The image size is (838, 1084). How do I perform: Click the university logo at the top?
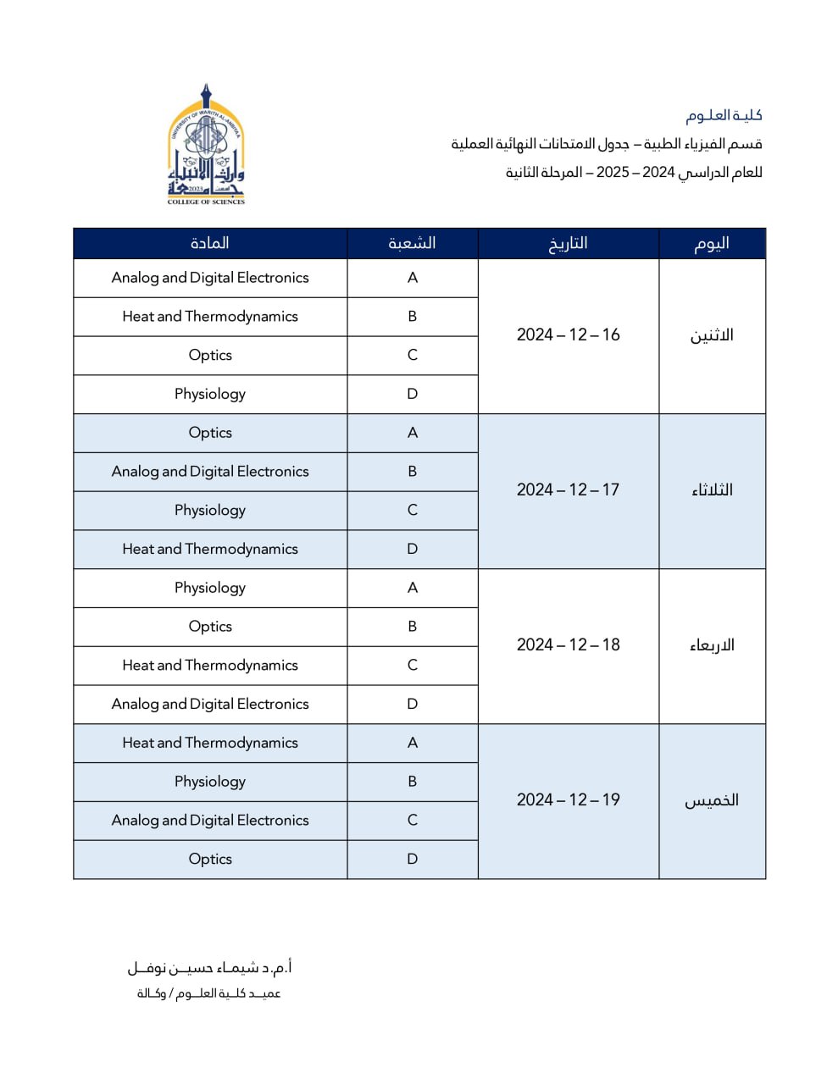206,144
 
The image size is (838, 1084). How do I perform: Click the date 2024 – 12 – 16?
568,335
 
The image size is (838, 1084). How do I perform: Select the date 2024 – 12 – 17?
568,489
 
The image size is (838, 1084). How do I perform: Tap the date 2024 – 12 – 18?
568,644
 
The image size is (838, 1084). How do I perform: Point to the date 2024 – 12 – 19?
568,799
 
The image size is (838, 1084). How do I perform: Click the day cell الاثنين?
712,335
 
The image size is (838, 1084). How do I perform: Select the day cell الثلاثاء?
712,490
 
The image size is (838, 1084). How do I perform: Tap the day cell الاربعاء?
712,645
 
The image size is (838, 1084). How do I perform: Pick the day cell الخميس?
712,800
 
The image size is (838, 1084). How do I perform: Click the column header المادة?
210,243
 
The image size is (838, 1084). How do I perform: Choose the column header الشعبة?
412,243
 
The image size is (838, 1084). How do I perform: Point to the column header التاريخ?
568,243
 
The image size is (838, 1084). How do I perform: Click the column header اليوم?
712,243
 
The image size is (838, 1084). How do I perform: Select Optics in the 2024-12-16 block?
210,355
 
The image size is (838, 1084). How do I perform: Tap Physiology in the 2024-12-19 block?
210,781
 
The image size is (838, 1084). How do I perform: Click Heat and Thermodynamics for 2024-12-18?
210,665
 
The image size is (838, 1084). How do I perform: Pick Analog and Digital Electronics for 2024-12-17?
210,471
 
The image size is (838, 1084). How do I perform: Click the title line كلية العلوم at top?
724,115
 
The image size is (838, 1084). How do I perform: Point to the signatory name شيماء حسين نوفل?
210,967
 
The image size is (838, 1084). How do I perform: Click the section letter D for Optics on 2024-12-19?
412,859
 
